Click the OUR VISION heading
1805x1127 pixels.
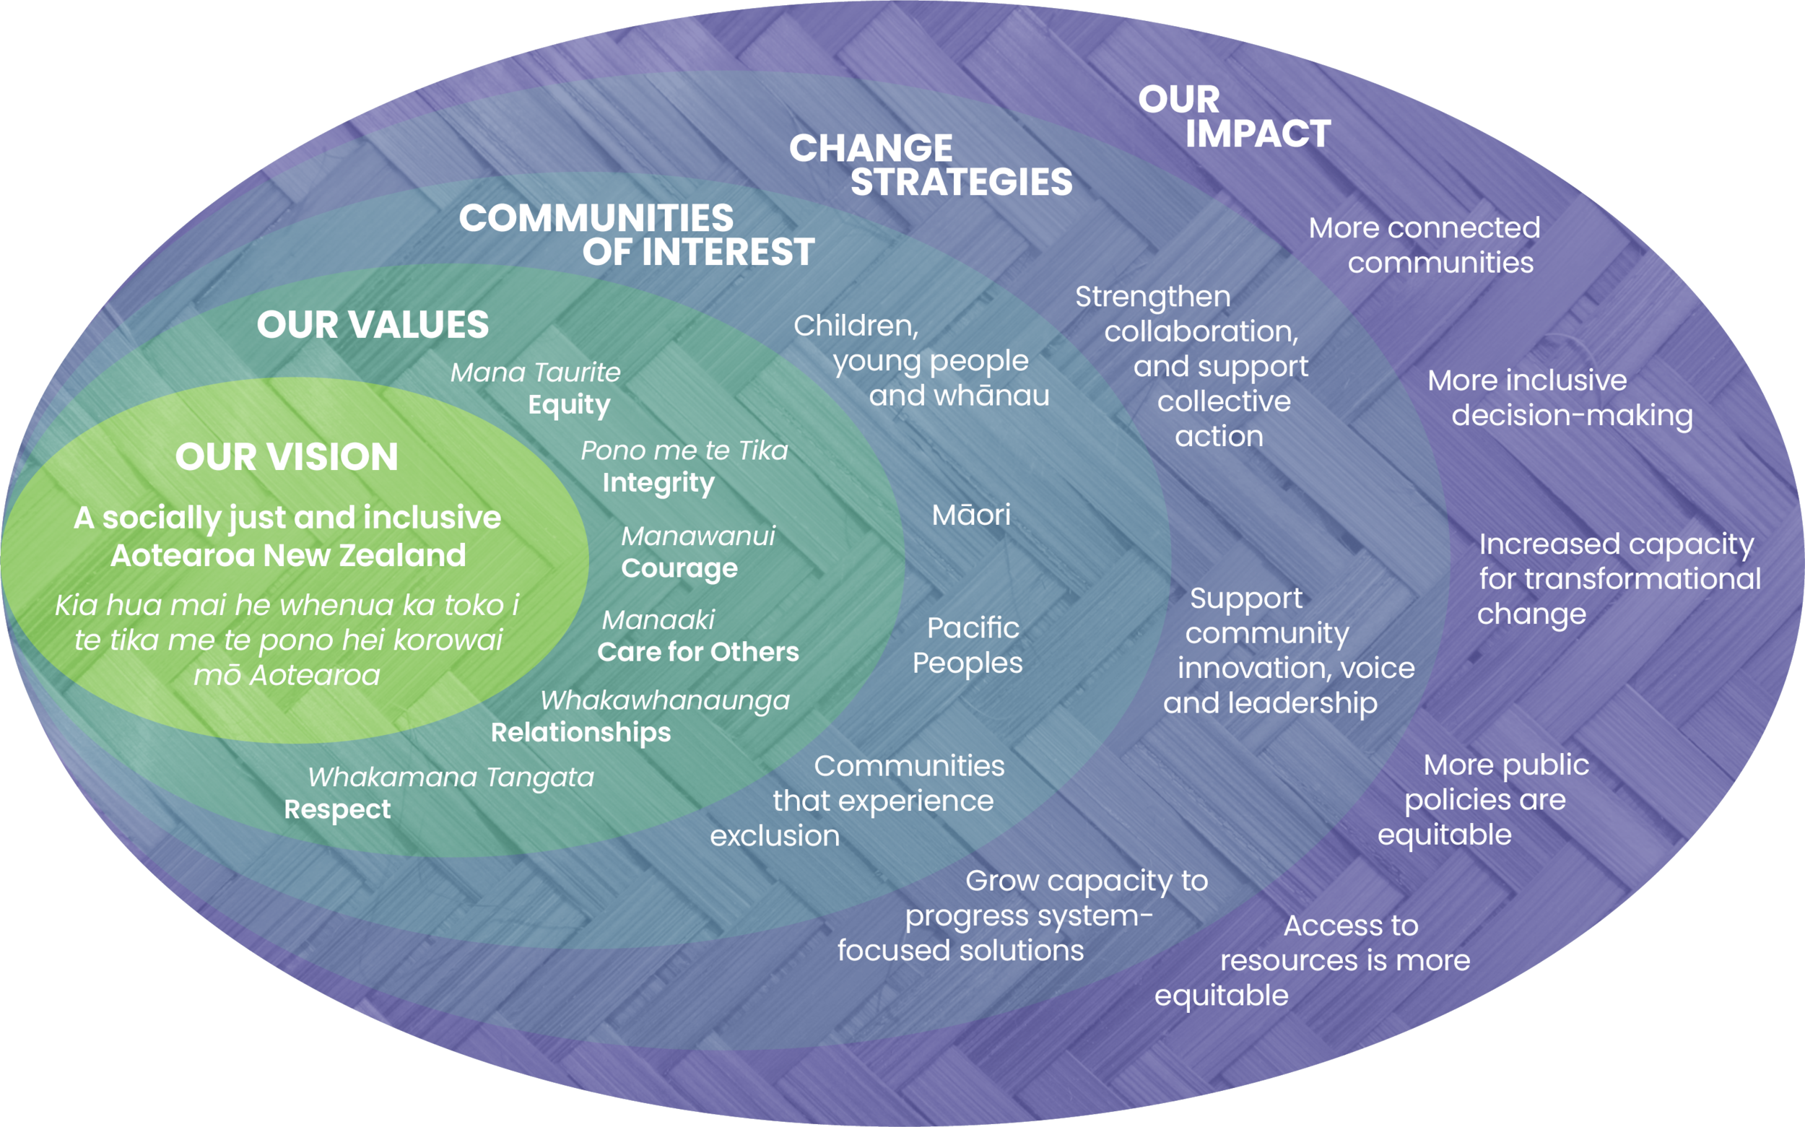point(286,456)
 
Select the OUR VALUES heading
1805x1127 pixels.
point(373,325)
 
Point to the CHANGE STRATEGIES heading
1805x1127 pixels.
point(931,165)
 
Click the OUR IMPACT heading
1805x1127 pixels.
point(1233,117)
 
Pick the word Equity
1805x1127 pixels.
point(569,405)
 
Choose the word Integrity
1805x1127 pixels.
point(658,483)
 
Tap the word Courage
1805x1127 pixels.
point(679,568)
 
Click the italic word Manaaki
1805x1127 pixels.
point(658,619)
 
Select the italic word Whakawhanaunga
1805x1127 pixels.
point(664,700)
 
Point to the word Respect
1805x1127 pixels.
point(337,809)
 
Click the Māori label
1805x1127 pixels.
point(971,515)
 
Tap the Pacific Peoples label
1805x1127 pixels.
point(968,645)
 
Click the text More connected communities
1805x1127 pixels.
point(1425,245)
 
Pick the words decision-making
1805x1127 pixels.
point(1572,416)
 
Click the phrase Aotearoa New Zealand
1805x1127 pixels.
point(287,555)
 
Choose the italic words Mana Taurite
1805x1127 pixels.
point(535,372)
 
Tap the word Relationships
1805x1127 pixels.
point(580,733)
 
